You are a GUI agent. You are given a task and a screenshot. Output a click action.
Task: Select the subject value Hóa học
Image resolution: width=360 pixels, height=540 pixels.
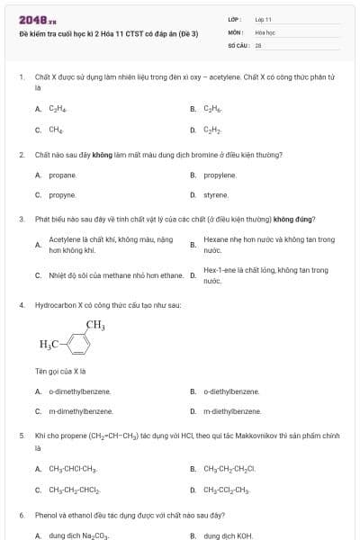(x=265, y=31)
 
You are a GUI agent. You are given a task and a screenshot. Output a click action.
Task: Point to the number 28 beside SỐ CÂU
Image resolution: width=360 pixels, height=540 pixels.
(x=258, y=44)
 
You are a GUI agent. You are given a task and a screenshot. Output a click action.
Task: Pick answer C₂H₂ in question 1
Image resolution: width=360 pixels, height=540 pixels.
(x=212, y=129)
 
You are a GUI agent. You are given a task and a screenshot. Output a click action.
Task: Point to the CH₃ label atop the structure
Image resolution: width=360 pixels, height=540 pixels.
(x=95, y=325)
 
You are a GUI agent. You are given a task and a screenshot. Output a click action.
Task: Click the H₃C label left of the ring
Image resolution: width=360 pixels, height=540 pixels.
(x=49, y=345)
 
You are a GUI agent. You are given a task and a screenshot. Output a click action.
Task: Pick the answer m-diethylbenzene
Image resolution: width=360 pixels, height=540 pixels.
(x=232, y=411)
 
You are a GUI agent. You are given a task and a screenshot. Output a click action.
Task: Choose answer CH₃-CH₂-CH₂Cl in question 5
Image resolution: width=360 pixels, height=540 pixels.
(x=229, y=469)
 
